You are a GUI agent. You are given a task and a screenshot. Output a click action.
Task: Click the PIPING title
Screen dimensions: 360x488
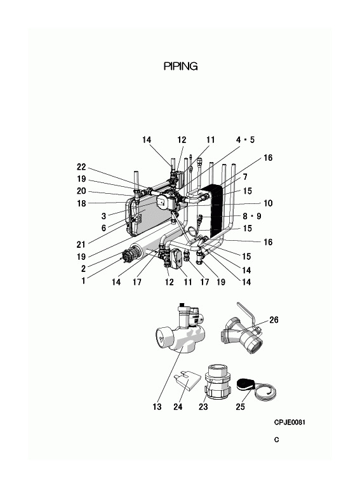click(180, 66)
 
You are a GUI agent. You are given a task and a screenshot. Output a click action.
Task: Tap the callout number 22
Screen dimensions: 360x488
click(81, 167)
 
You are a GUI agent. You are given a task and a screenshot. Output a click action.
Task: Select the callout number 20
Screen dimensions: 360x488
click(81, 191)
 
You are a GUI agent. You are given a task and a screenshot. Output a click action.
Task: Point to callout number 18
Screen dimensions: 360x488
click(81, 203)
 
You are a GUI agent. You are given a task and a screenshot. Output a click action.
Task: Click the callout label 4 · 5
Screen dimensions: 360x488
click(245, 140)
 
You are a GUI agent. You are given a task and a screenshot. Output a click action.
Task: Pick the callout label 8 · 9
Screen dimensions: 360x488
click(252, 216)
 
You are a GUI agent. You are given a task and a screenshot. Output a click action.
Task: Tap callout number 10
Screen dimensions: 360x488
click(268, 203)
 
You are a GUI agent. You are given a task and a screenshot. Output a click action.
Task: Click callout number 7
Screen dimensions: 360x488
click(245, 177)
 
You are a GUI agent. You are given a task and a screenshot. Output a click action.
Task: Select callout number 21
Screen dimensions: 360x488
click(81, 245)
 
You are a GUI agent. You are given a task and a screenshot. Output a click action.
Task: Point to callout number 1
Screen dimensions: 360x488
click(83, 281)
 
